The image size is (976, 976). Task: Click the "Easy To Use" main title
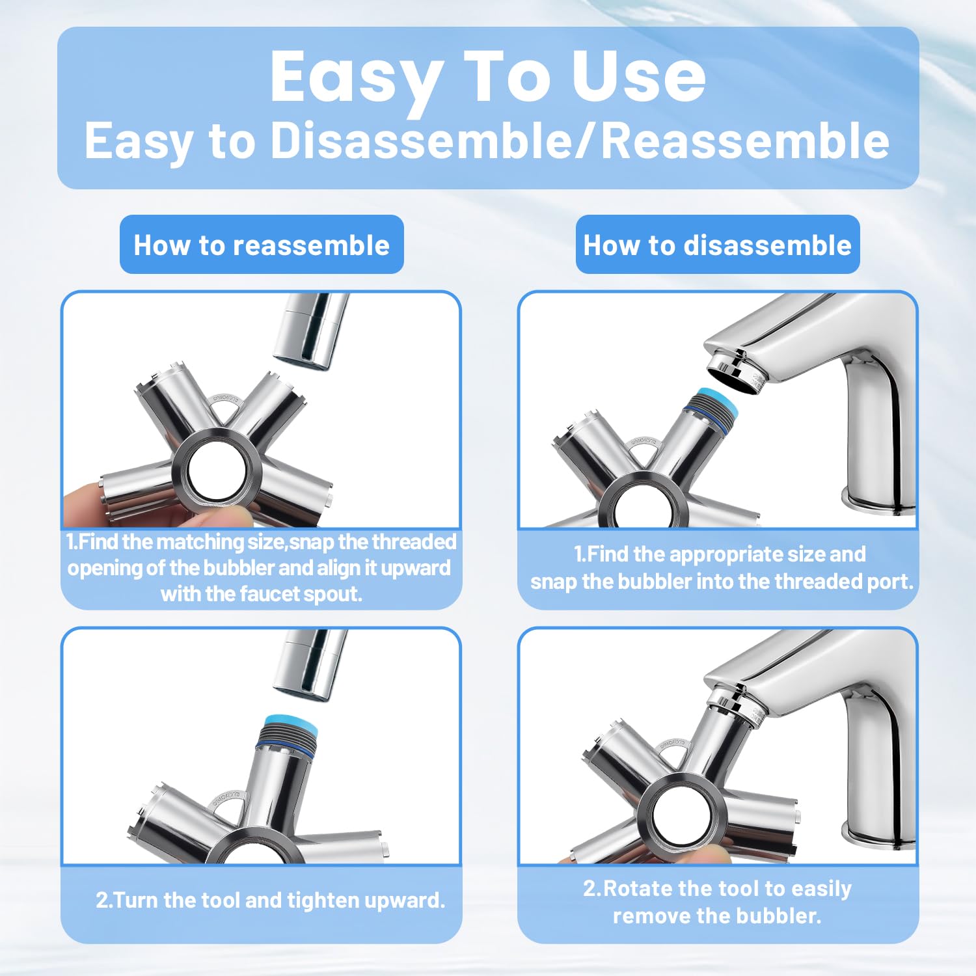tap(487, 77)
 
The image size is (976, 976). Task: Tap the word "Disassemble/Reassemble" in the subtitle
tap(579, 141)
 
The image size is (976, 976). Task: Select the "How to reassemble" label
tap(262, 245)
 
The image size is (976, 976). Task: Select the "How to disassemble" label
tap(717, 245)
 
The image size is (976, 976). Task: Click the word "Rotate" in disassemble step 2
tap(638, 889)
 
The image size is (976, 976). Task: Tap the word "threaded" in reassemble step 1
tap(414, 542)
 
